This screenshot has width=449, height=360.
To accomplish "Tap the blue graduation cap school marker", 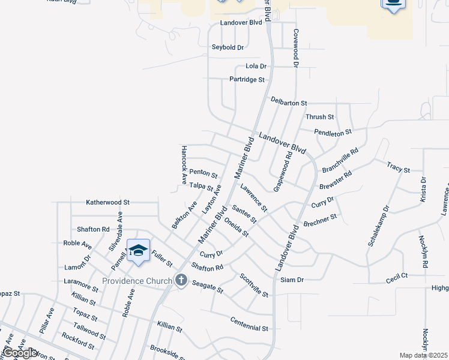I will point(138,251).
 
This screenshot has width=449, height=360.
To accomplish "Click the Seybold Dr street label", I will point(228,47).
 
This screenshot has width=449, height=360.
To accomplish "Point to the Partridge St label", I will point(247,79).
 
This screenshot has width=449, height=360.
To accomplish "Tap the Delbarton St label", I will point(289,103).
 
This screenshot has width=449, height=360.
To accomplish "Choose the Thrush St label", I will point(319,117).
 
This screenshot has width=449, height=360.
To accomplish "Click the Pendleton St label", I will point(333,131).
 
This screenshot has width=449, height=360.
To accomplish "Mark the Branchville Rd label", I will point(340,160).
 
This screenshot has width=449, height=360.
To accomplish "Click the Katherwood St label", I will point(107,203).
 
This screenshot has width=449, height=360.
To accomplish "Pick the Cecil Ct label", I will point(397,276).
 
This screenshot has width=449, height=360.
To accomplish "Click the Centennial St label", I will point(249,324).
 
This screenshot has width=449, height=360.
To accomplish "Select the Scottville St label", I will point(253,285).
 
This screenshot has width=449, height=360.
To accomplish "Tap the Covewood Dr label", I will point(296,47).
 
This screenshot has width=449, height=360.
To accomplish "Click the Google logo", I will point(20,353).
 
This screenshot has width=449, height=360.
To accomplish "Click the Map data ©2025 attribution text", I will point(423,355).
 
